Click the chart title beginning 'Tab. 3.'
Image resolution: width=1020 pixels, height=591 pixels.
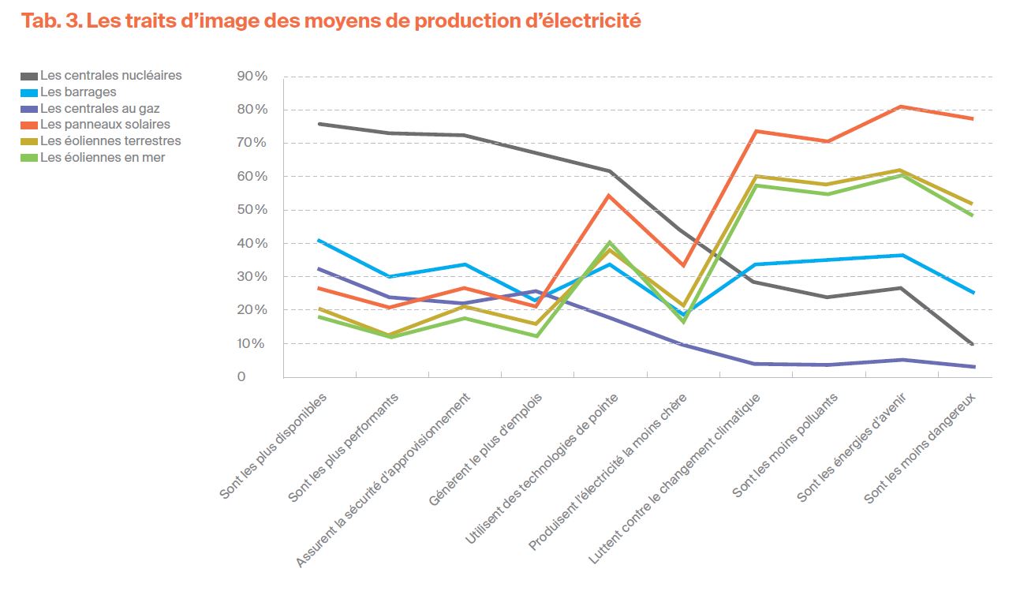point(331,21)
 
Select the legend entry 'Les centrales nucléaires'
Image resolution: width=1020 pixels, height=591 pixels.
point(110,76)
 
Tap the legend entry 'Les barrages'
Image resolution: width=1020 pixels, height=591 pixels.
point(78,92)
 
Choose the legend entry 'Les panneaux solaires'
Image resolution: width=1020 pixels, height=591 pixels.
point(105,125)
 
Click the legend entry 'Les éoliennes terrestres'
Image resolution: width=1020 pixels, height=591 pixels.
point(110,141)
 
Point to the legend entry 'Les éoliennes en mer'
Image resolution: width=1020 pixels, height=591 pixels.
point(103,158)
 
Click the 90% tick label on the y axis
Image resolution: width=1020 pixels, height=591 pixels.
point(252,77)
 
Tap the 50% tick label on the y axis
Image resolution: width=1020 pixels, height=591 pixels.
point(252,210)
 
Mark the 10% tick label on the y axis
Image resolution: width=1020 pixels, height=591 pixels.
point(252,344)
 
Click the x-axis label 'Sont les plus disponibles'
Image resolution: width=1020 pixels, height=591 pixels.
point(275,446)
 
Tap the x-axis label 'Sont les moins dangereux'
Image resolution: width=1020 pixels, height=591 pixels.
point(921,448)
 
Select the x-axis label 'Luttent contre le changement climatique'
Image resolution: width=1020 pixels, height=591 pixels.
point(674,479)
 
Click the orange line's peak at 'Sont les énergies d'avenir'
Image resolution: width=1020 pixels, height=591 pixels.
point(901,107)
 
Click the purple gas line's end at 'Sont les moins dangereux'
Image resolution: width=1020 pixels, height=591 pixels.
point(973,367)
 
